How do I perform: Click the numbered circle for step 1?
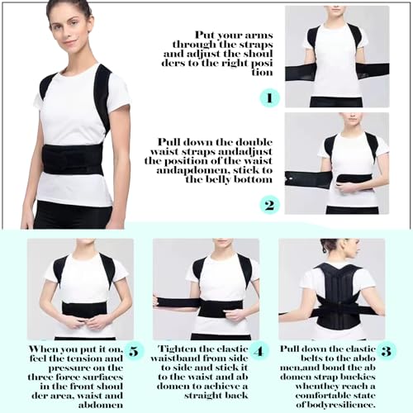(270, 97)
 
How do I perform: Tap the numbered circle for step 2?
(270, 204)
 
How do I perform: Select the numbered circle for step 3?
(386, 351)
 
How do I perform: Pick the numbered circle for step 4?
(260, 351)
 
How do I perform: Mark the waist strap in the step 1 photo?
(335, 71)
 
